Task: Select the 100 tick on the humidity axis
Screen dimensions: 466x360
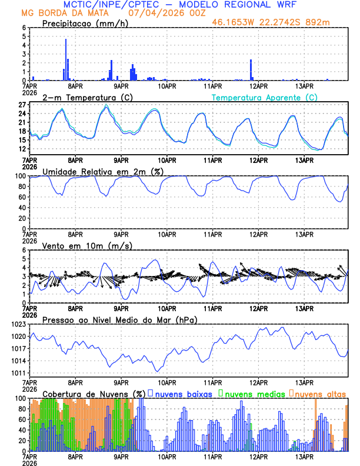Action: pyautogui.click(x=18, y=176)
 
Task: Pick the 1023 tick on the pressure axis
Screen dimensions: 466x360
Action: pyautogui.click(x=17, y=324)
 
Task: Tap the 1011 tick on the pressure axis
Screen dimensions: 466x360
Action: pyautogui.click(x=17, y=373)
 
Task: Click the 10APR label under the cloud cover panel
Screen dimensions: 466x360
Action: pyautogui.click(x=167, y=456)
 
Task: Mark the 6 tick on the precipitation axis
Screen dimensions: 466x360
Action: pyautogui.click(x=23, y=28)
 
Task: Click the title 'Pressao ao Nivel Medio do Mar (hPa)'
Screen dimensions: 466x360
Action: pyautogui.click(x=119, y=319)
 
